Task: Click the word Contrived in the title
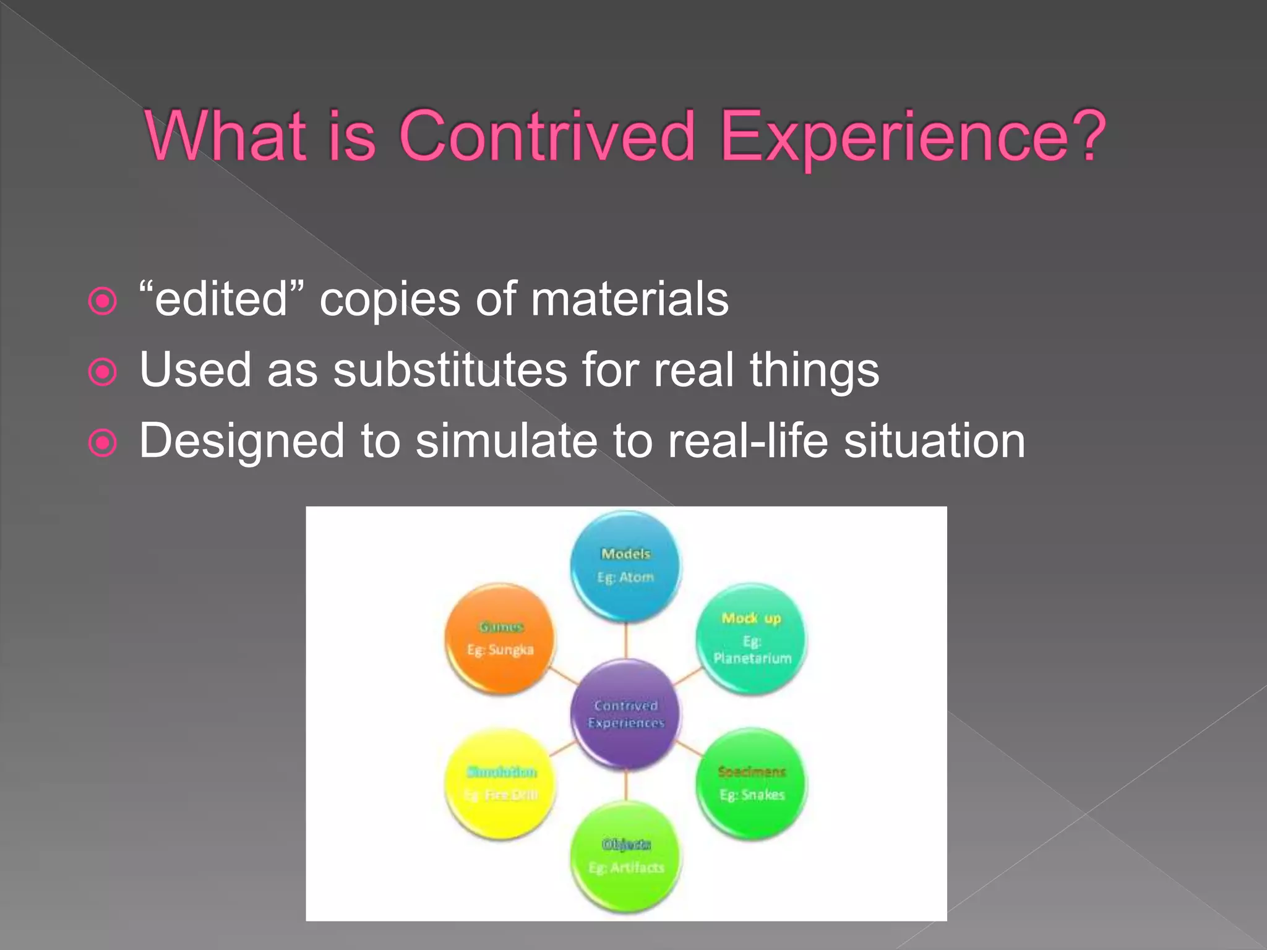[x=548, y=136]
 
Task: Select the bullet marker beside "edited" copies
[x=103, y=302]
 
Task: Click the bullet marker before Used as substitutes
[x=103, y=372]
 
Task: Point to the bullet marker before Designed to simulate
[x=103, y=443]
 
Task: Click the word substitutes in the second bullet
[x=450, y=370]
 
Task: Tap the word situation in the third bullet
[x=934, y=441]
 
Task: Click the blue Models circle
[x=625, y=566]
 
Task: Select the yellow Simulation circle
[x=500, y=784]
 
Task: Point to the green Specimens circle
[x=751, y=784]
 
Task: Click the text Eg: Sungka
[x=500, y=649]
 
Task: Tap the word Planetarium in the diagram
[x=752, y=658]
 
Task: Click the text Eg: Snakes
[x=752, y=795]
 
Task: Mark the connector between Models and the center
[x=625, y=640]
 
